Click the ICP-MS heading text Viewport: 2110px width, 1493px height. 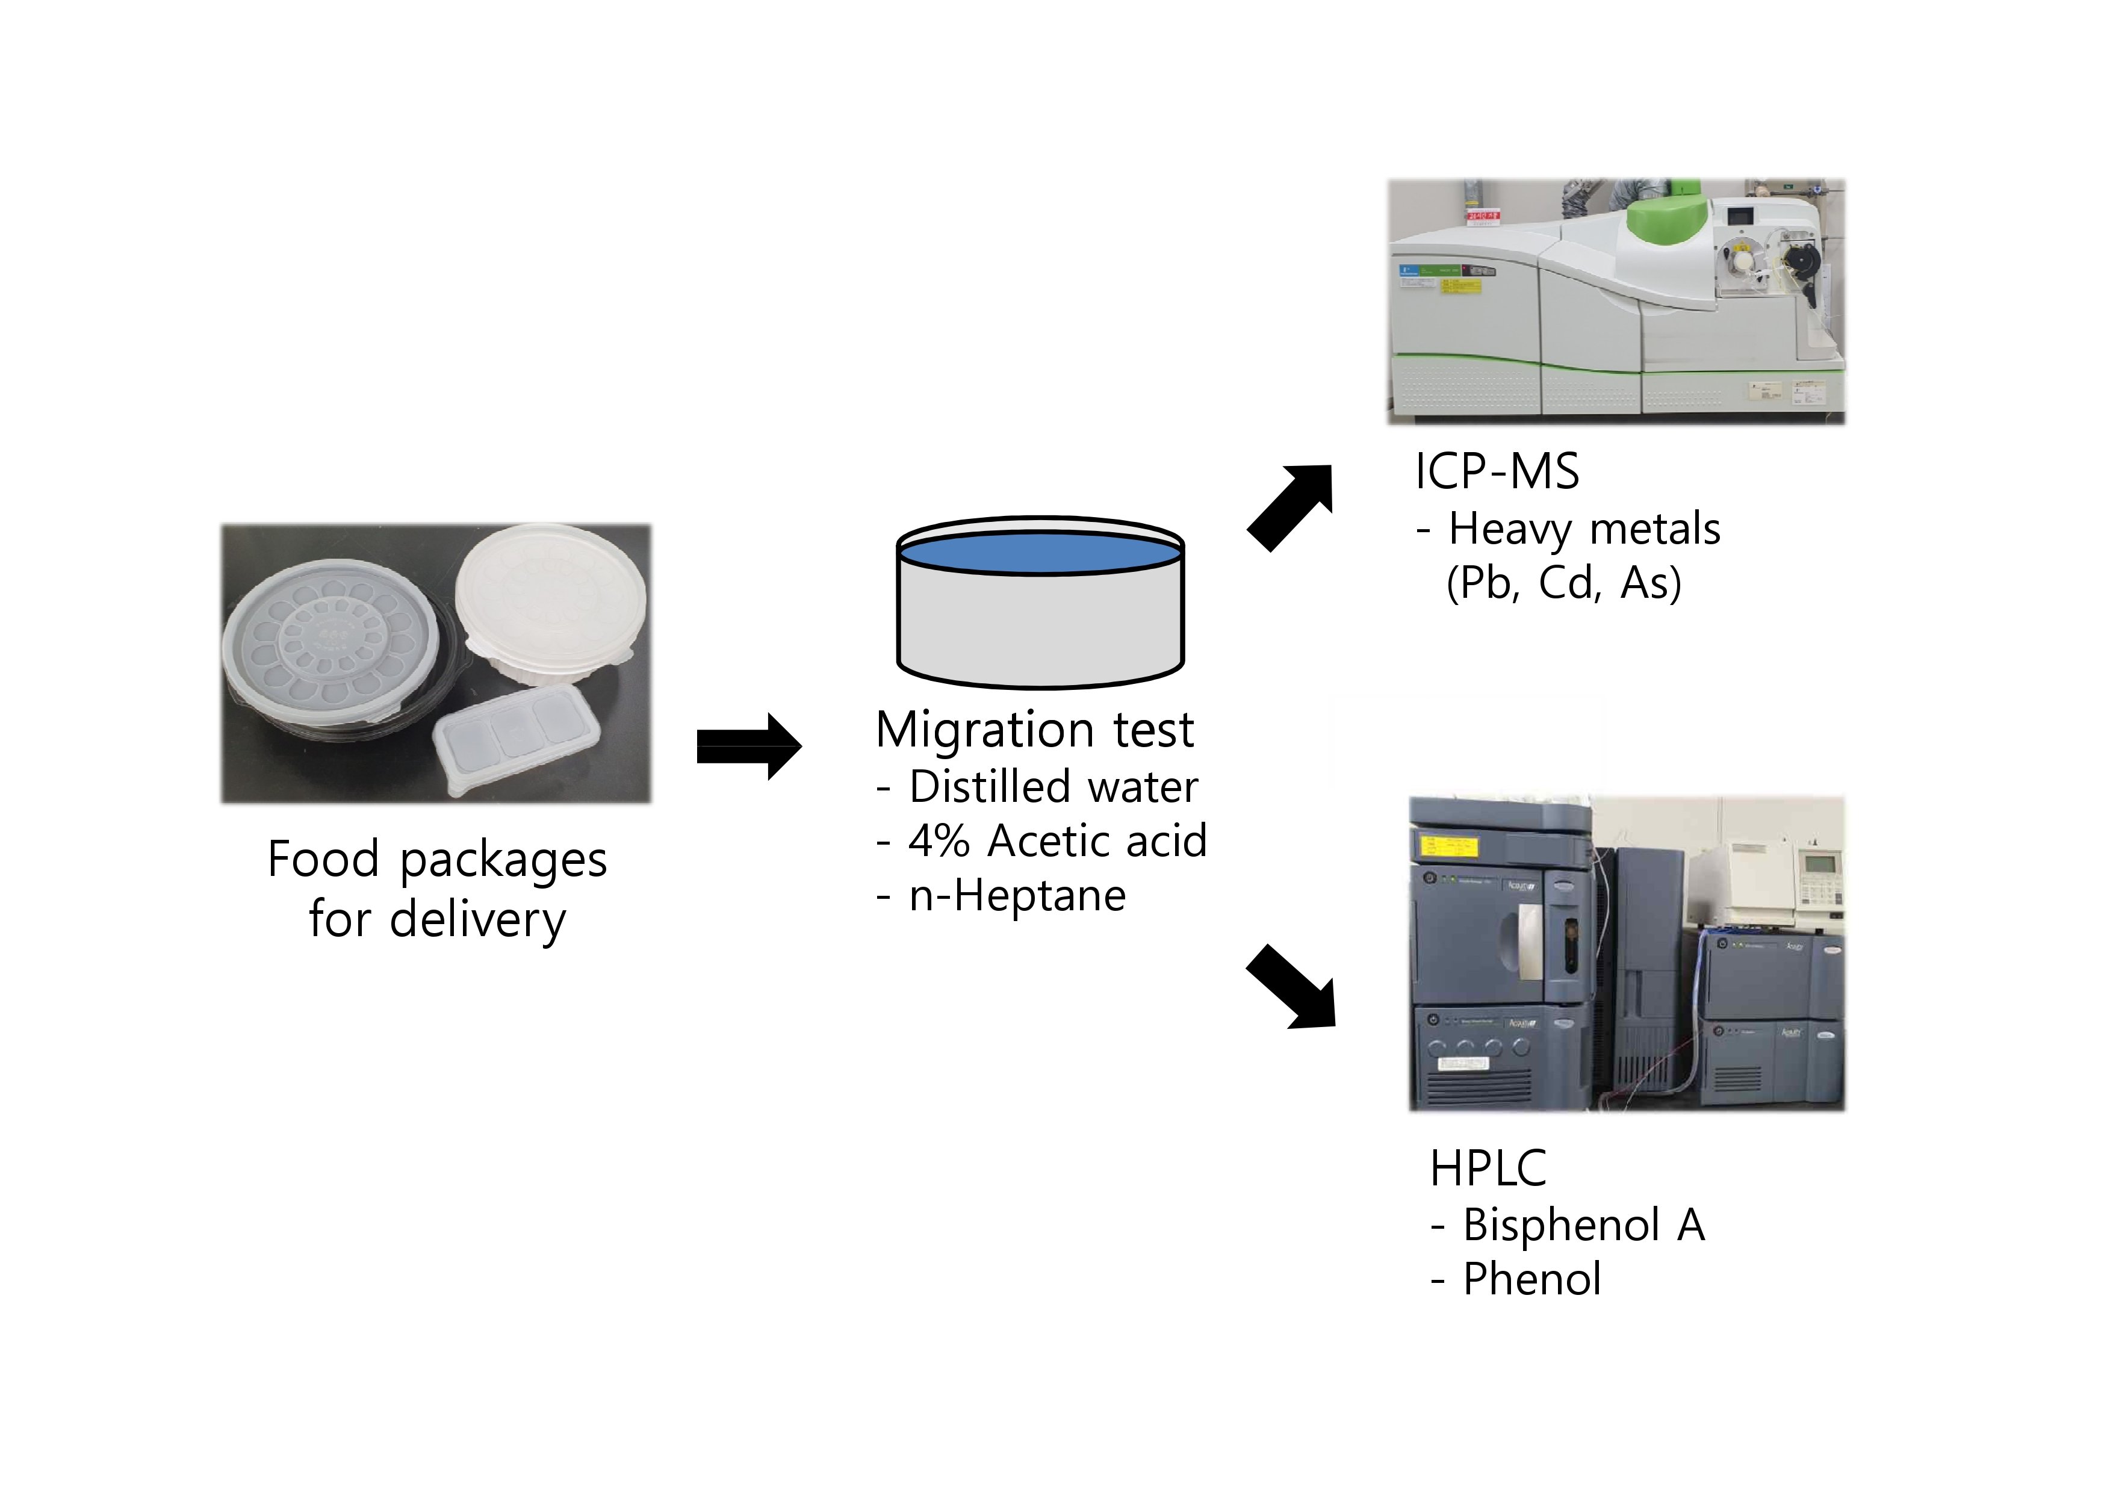point(1496,471)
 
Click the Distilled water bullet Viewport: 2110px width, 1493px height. point(1037,787)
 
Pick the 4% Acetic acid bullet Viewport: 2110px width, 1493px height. point(1041,840)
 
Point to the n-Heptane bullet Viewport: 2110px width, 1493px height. point(1001,895)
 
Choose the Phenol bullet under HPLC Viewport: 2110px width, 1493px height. point(1515,1279)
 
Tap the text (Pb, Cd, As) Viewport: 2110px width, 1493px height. point(1564,583)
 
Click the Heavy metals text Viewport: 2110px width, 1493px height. point(1568,529)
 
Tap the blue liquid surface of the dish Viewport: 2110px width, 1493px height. point(1040,554)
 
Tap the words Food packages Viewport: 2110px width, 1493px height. point(436,860)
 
